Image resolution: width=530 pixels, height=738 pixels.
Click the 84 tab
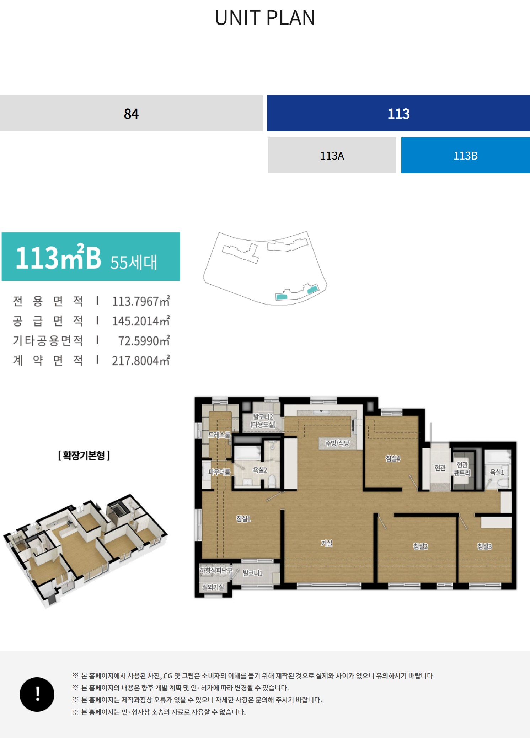pyautogui.click(x=131, y=113)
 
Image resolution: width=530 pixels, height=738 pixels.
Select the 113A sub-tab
pyautogui.click(x=332, y=156)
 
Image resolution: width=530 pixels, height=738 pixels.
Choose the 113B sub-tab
pyautogui.click(x=466, y=156)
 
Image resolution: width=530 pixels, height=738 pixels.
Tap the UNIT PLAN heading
pyautogui.click(x=265, y=18)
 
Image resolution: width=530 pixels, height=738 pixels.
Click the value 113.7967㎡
pyautogui.click(x=141, y=301)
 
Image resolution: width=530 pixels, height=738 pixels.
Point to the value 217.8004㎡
pyautogui.click(x=141, y=361)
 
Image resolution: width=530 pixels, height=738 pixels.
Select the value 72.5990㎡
pyautogui.click(x=144, y=341)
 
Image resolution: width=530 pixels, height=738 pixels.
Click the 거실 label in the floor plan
pyautogui.click(x=327, y=543)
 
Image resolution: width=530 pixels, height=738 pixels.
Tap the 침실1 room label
pyautogui.click(x=243, y=519)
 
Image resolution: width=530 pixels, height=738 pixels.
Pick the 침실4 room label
pyautogui.click(x=393, y=458)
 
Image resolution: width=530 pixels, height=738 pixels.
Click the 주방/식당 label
pyautogui.click(x=337, y=443)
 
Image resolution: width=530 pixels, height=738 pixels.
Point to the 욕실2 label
pyautogui.click(x=260, y=470)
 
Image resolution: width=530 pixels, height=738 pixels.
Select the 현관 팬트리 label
pyautogui.click(x=462, y=469)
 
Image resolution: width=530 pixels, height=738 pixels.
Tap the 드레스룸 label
pyautogui.click(x=219, y=435)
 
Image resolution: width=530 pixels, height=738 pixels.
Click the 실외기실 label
pyautogui.click(x=213, y=587)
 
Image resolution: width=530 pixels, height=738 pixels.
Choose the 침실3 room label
pyautogui.click(x=485, y=546)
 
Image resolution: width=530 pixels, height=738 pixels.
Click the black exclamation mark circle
pyautogui.click(x=37, y=694)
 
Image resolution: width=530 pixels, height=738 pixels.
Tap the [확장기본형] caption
pyautogui.click(x=84, y=455)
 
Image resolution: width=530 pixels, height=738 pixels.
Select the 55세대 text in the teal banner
pyautogui.click(x=134, y=262)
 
